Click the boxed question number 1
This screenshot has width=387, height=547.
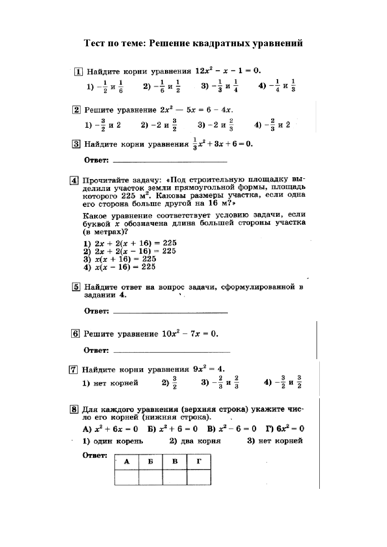[78, 72]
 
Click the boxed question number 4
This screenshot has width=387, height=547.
[74, 181]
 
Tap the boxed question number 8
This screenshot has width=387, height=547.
[74, 409]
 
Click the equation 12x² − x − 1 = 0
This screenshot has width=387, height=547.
[228, 71]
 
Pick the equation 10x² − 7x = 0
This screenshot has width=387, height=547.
[190, 334]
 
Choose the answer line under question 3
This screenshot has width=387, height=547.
[170, 162]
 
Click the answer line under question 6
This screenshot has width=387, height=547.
[171, 352]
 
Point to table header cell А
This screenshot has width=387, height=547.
[127, 462]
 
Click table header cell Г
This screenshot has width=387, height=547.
[199, 462]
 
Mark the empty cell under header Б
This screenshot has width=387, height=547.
[151, 477]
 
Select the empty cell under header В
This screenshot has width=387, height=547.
[175, 477]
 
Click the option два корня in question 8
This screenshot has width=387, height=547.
[195, 441]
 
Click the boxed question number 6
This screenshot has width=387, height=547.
[76, 333]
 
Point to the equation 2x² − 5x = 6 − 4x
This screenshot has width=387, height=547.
[197, 110]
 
